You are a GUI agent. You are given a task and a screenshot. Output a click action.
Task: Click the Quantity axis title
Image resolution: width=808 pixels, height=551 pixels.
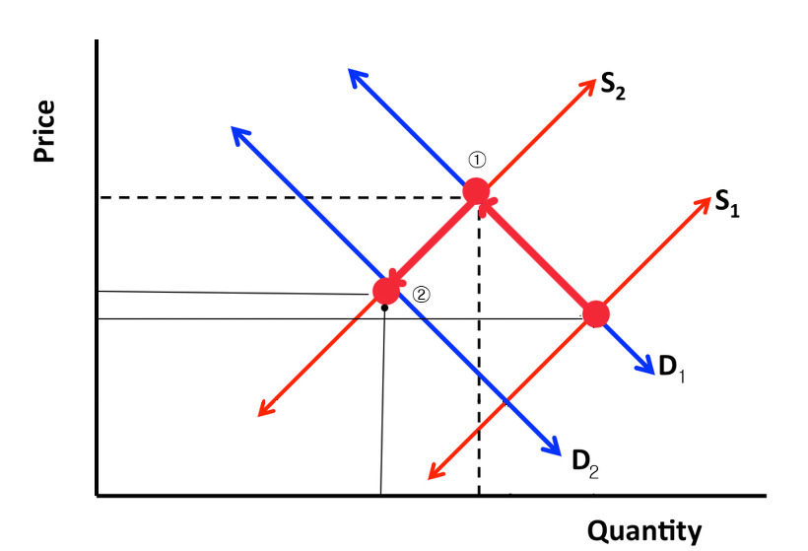645,531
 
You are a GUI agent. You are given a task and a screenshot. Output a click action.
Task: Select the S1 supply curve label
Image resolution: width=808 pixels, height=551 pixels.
727,203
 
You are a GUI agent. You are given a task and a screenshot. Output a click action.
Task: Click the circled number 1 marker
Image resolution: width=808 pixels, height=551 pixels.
477,160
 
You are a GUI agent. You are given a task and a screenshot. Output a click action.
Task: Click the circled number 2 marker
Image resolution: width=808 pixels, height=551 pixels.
421,293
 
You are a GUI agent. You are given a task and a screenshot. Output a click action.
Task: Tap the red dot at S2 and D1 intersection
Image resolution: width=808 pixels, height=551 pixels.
477,191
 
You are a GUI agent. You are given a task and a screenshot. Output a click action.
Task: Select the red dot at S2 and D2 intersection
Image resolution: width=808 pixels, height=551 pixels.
386,291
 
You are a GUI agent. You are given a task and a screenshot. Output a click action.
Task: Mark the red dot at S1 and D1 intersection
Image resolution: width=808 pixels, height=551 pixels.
596,314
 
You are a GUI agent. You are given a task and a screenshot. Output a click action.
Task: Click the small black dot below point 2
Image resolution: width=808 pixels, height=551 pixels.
384,309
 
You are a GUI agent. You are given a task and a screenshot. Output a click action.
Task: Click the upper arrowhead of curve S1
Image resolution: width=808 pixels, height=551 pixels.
703,203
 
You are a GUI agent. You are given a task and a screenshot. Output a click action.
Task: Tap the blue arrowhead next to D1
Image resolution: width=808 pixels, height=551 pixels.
645,367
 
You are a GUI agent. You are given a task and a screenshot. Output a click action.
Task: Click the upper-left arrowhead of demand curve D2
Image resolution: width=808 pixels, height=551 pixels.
238,133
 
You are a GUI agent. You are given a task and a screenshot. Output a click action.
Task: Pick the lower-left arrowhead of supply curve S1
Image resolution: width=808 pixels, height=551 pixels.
435,474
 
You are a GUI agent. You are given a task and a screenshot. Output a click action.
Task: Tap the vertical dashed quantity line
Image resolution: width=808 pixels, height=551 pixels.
479,375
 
